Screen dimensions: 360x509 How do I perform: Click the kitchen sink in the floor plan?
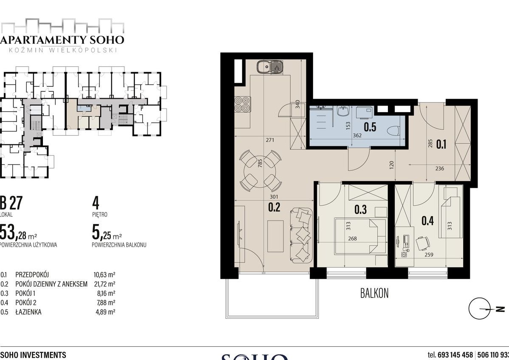(270, 67)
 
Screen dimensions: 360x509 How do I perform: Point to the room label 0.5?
(370, 128)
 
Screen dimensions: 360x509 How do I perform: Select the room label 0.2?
(274, 207)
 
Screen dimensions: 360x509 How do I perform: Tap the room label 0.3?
(361, 210)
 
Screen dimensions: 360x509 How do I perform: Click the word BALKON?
(374, 294)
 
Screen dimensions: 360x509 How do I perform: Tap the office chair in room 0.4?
(422, 243)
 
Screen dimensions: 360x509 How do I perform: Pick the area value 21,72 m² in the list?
(105, 284)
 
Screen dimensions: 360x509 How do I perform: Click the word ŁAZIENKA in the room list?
(29, 312)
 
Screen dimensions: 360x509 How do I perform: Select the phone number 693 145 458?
(455, 355)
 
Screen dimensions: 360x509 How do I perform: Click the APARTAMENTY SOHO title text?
(62, 40)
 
